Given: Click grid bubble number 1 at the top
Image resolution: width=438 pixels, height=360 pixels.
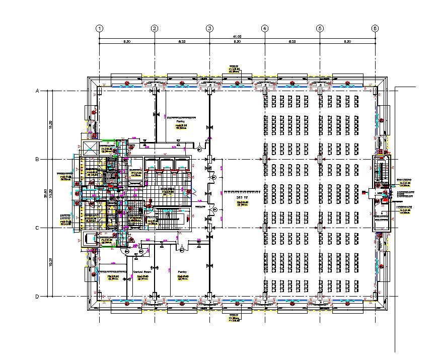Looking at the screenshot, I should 100,29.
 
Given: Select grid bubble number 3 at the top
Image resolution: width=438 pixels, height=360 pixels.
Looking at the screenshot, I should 209,29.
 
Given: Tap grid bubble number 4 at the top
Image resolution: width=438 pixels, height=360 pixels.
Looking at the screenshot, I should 265,29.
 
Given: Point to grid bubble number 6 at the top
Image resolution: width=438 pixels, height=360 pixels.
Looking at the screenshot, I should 375,29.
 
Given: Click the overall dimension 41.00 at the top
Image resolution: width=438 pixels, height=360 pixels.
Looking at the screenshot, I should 237,37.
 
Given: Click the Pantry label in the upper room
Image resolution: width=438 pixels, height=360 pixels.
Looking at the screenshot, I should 180,121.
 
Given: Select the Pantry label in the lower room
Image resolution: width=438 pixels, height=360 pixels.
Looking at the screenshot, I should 182,271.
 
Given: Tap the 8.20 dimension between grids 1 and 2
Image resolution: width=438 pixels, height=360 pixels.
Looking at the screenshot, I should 127,42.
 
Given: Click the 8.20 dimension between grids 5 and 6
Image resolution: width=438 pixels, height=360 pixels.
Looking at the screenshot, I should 347,42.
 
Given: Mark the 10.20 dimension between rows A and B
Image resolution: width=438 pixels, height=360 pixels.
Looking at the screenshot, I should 50,125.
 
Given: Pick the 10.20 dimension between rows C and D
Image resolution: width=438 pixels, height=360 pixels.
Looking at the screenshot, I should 50,262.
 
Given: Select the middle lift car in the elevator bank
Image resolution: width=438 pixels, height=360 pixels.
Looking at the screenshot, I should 167,164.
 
